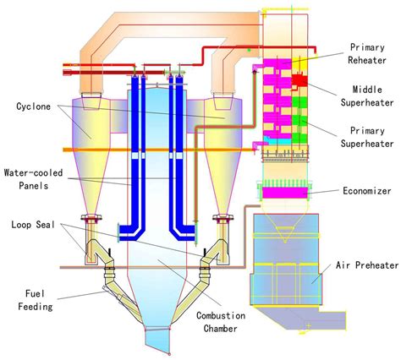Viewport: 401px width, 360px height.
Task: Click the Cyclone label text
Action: pos(32,107)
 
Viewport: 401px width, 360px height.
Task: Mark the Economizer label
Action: pos(367,192)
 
